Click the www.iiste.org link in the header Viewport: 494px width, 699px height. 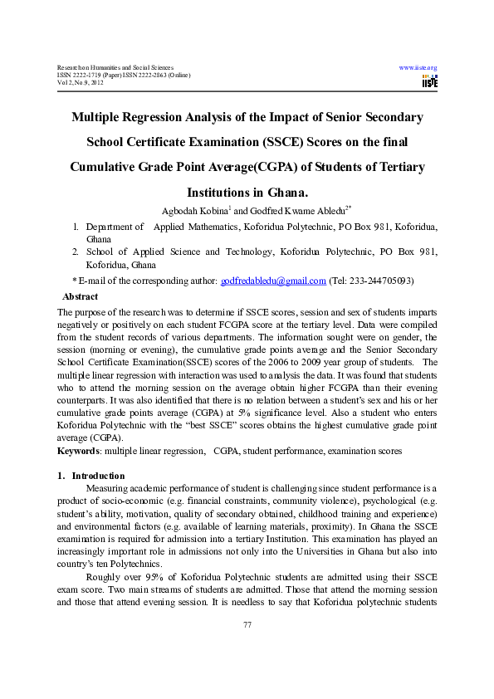click(x=418, y=67)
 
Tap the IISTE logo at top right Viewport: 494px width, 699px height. click(x=429, y=81)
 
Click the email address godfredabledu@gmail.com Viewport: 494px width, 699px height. click(x=273, y=281)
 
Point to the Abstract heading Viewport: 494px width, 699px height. click(x=81, y=296)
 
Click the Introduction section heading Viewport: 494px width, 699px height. click(x=98, y=476)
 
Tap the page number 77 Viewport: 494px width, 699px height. click(x=247, y=648)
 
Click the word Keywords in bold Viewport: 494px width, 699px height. click(x=77, y=451)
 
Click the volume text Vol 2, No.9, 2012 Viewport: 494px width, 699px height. click(x=81, y=84)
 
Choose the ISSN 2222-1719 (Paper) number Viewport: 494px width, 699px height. click(x=87, y=76)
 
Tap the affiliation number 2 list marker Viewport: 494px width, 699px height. click(x=76, y=252)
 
